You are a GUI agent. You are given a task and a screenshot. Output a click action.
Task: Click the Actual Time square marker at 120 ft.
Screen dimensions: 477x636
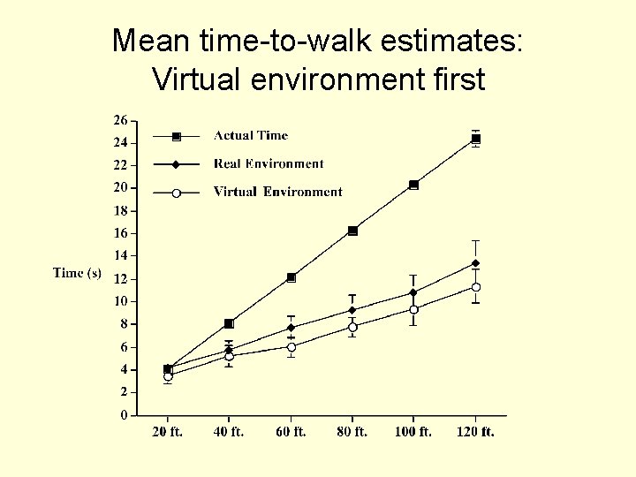click(x=475, y=139)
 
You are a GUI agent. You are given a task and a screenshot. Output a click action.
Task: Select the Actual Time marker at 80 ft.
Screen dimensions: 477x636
click(x=352, y=231)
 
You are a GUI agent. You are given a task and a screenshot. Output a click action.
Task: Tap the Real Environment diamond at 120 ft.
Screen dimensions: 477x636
click(x=475, y=263)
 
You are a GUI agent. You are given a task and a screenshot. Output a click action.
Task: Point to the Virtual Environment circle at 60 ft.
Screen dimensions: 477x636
click(x=291, y=346)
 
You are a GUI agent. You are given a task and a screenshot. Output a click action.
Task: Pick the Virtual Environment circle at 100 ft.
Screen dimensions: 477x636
click(x=413, y=308)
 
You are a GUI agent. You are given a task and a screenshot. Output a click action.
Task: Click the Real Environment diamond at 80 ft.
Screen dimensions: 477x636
click(x=352, y=310)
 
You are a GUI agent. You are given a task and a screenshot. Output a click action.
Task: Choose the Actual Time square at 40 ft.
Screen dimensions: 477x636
click(x=229, y=323)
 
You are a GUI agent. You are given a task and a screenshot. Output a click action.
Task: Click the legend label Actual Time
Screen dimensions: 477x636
click(x=251, y=136)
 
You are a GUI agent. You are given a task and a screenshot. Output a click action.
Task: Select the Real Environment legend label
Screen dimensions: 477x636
click(x=269, y=163)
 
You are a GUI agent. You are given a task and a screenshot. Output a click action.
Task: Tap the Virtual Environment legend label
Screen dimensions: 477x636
click(x=277, y=192)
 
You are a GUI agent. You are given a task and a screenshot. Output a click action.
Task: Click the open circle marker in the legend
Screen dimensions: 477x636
click(x=176, y=193)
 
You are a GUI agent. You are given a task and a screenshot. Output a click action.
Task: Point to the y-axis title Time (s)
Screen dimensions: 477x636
click(x=77, y=273)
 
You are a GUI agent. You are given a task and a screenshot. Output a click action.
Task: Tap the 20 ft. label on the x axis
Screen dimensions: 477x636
click(x=168, y=432)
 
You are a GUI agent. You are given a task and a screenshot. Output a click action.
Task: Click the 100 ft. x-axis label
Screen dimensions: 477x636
click(x=413, y=432)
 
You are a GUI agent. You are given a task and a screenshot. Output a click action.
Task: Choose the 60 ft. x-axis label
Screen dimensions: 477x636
click(x=291, y=432)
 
